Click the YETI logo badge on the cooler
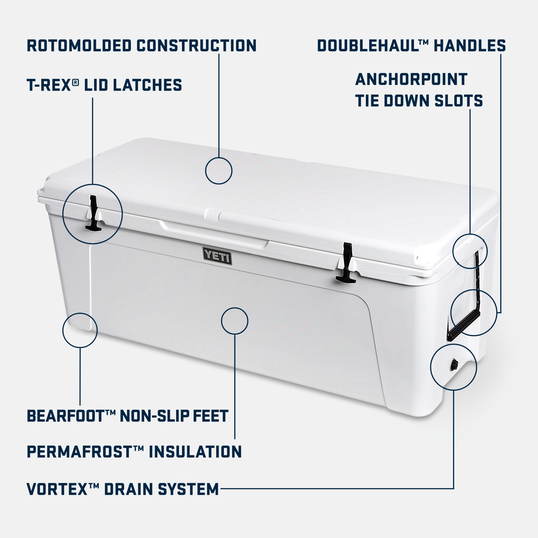tap(217, 255)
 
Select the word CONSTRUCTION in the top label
tap(196, 46)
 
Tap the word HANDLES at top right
tap(470, 46)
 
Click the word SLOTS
tap(458, 101)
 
